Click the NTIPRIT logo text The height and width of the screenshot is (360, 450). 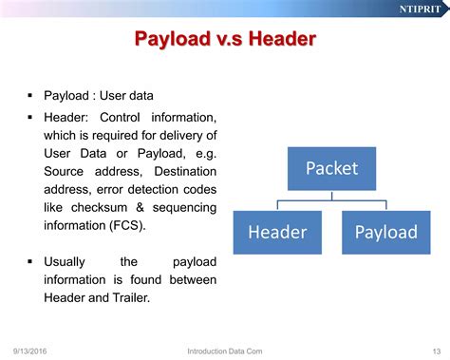420,9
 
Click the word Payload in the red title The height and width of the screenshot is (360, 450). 173,39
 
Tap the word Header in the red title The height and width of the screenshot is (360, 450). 282,39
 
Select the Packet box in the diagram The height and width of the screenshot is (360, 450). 331,168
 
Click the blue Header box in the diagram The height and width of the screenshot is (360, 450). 277,233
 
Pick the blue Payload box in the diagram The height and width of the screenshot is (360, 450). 386,233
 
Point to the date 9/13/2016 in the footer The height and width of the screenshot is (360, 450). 29,351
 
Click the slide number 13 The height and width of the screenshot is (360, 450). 437,351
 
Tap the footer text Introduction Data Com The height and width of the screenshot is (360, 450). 225,351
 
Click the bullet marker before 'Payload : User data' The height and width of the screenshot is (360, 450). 30,95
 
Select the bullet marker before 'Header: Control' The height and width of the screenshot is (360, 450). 30,117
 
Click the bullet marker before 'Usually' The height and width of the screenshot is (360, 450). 30,261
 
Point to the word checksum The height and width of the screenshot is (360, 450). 99,207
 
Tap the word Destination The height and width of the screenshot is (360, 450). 185,171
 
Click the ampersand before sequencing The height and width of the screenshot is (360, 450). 140,207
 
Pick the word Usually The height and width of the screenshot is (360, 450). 65,262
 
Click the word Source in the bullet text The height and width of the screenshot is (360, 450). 64,171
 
